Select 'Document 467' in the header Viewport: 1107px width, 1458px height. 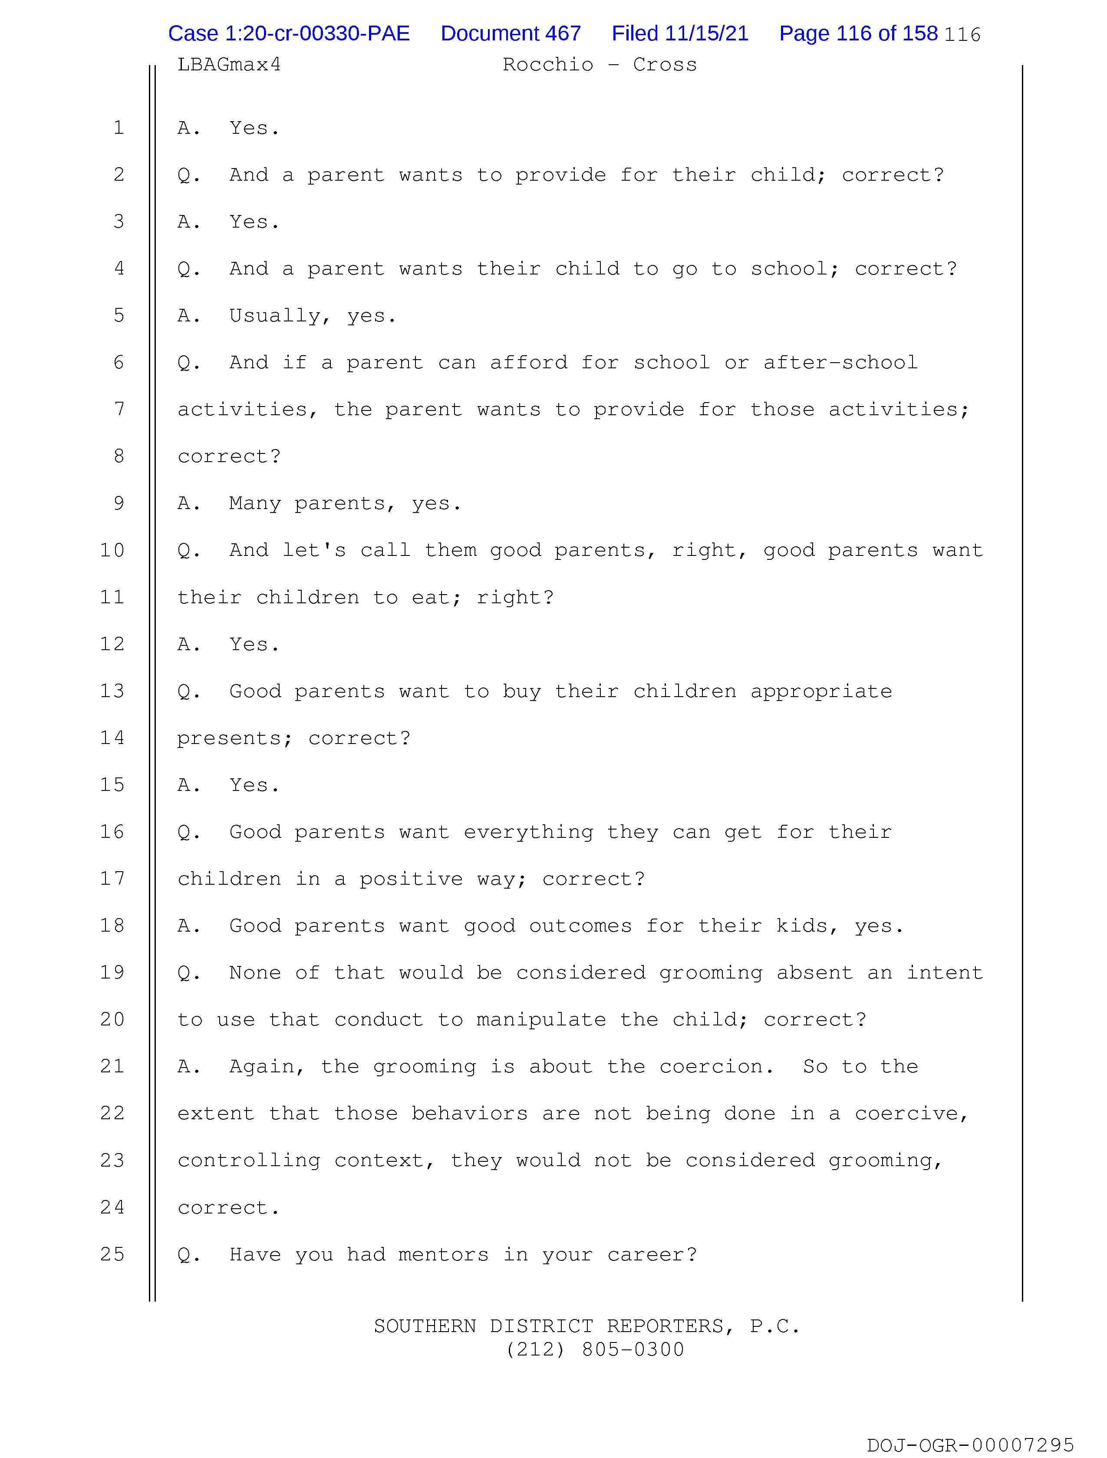[511, 33]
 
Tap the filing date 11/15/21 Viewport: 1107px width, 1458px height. [706, 33]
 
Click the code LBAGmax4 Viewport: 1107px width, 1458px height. [229, 65]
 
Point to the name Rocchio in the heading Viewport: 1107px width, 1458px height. [547, 65]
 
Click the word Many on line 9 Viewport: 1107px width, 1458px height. [254, 503]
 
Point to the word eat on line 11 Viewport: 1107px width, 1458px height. [430, 597]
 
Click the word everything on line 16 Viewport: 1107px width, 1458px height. [528, 832]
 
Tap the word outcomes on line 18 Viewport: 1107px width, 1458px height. [580, 926]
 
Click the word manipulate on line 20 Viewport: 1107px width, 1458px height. [541, 1020]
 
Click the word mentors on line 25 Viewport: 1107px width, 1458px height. [444, 1254]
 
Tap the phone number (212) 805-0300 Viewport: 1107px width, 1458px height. [595, 1350]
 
